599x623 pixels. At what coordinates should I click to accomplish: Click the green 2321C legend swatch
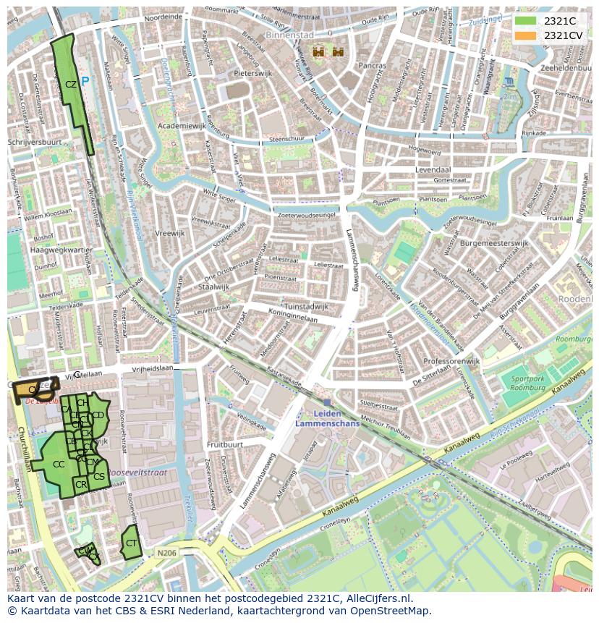click(x=526, y=21)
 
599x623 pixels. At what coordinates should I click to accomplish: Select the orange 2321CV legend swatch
click(x=526, y=35)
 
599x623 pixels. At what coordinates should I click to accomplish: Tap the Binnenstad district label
click(x=289, y=35)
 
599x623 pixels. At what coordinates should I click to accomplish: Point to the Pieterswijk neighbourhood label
click(x=252, y=74)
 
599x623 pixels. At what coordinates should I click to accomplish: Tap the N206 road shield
click(x=166, y=553)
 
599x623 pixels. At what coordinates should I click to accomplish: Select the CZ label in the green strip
click(x=70, y=85)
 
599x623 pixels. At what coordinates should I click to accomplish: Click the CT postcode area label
click(x=131, y=543)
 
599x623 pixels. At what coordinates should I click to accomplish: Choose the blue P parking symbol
click(x=85, y=82)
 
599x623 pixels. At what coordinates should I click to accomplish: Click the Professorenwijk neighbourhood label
click(x=451, y=361)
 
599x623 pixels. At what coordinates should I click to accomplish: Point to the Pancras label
click(x=373, y=65)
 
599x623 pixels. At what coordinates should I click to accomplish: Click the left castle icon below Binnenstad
click(x=318, y=51)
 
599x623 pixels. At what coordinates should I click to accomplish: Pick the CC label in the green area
click(x=59, y=464)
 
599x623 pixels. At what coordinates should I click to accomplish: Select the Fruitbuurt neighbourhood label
click(x=224, y=444)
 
